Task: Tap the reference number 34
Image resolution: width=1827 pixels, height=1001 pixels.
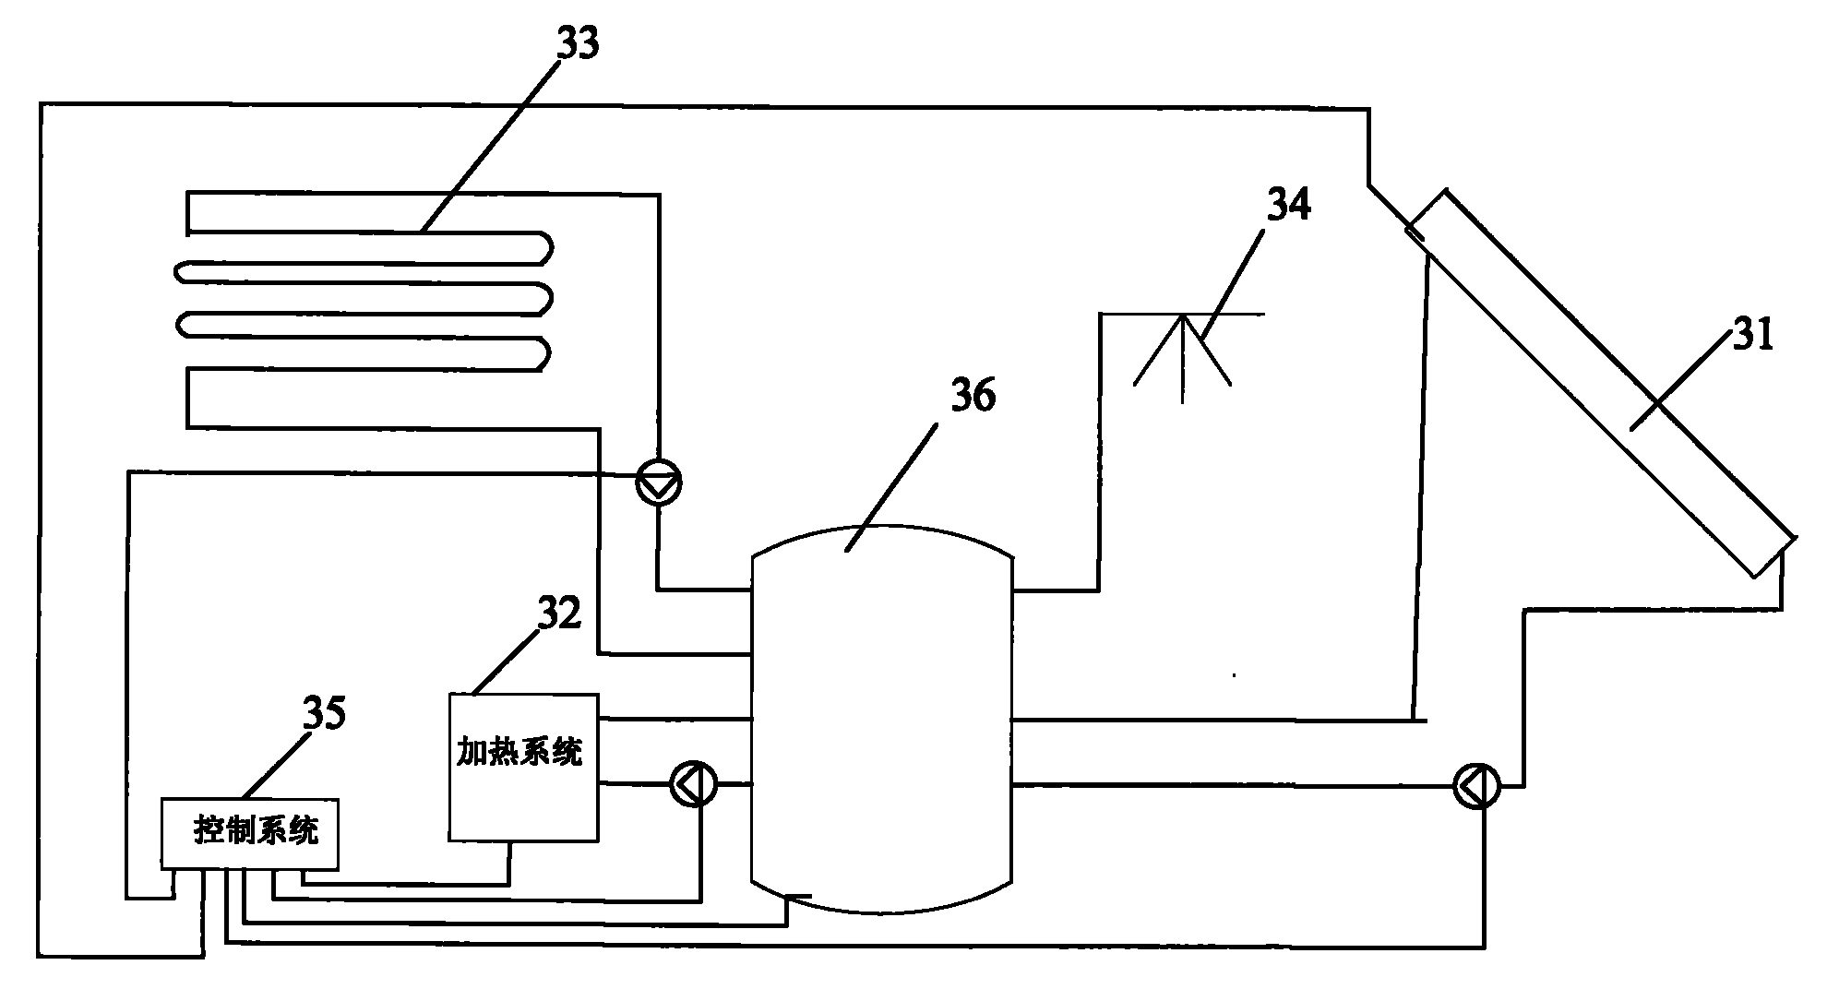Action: [1288, 206]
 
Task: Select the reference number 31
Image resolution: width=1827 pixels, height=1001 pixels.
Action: [1752, 337]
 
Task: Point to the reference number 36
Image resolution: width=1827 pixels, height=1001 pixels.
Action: [973, 398]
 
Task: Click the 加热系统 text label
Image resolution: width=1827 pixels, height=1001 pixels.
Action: [521, 753]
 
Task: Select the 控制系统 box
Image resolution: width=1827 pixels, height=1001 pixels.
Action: [250, 833]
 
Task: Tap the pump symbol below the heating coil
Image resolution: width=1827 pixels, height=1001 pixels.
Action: [659, 482]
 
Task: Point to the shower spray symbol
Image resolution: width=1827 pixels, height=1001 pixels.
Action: [1183, 355]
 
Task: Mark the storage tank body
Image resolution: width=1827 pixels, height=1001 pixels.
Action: [882, 720]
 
